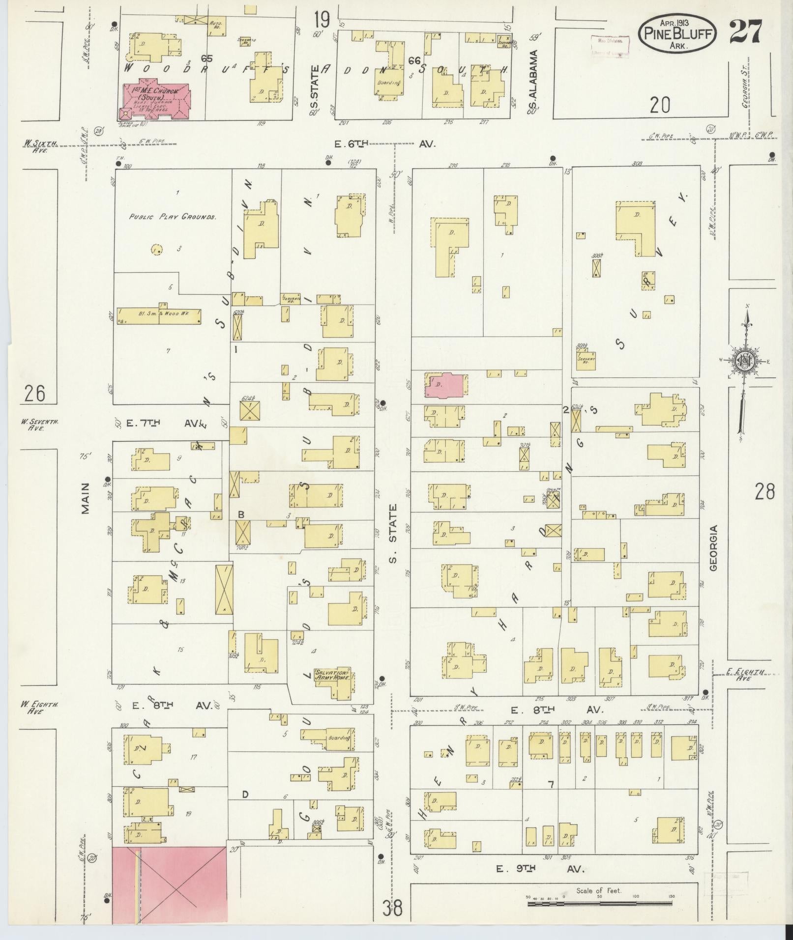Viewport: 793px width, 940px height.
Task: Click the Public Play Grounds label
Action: coord(173,216)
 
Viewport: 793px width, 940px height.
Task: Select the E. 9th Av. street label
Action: coord(540,869)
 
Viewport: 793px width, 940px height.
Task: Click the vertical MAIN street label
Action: coord(86,498)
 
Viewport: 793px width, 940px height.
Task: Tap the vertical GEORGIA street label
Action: coord(713,548)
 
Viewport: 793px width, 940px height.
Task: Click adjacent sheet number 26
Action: coord(35,394)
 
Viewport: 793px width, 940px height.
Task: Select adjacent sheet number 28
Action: coord(764,491)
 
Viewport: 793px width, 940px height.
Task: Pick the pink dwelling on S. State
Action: coord(445,384)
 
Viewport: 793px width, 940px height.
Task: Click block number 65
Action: coord(206,58)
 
